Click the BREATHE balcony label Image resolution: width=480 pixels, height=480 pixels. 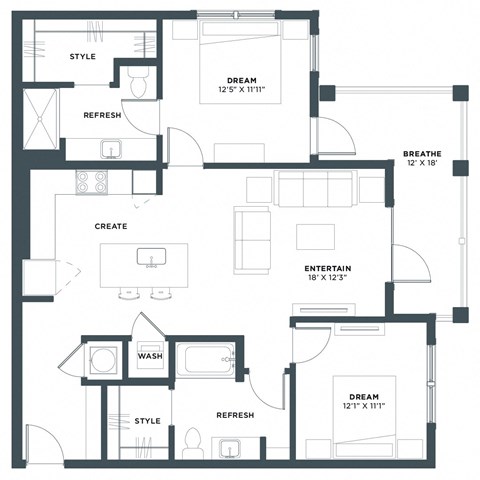(422, 153)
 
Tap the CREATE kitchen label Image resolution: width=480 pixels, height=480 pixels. (111, 226)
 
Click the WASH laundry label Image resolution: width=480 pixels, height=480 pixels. (150, 356)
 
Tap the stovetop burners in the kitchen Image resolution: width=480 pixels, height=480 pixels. (93, 182)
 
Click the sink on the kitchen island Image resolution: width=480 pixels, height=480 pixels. (152, 258)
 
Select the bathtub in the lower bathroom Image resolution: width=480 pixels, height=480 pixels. (205, 359)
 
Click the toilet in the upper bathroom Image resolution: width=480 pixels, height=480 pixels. (139, 86)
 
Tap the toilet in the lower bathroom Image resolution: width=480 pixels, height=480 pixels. (192, 441)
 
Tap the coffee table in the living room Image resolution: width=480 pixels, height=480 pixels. (316, 236)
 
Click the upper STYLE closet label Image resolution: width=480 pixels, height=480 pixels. (83, 56)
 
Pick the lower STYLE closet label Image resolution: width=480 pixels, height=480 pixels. (147, 421)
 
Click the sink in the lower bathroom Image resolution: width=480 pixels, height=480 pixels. (231, 447)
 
